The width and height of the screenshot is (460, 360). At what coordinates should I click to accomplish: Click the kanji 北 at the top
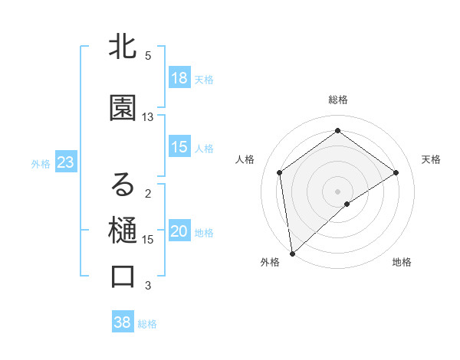click(x=123, y=48)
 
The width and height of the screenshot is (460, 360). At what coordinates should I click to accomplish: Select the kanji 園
click(x=123, y=109)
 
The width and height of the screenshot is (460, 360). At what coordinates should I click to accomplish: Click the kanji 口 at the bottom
click(x=123, y=277)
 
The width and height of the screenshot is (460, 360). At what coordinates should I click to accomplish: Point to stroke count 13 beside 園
click(x=148, y=117)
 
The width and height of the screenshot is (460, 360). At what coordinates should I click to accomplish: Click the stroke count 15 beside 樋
click(x=148, y=240)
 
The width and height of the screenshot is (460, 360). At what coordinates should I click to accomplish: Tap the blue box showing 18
click(x=179, y=78)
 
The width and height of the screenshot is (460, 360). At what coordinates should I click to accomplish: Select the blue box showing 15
click(x=179, y=147)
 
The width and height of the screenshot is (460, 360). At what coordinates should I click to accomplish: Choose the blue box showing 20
click(x=179, y=231)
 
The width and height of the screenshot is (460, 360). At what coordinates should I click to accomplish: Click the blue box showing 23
click(x=65, y=162)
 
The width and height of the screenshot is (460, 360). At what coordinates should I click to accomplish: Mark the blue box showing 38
click(x=122, y=322)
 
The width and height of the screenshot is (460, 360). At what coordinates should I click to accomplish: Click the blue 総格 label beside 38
click(x=147, y=324)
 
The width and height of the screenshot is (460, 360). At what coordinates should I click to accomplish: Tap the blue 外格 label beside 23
click(x=41, y=163)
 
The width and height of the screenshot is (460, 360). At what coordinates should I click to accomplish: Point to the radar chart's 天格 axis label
click(x=431, y=159)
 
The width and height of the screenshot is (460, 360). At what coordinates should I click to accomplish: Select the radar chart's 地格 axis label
click(x=402, y=262)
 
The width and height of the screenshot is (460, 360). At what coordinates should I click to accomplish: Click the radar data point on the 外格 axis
click(x=291, y=253)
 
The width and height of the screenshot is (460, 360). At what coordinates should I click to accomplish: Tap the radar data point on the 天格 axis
click(x=396, y=172)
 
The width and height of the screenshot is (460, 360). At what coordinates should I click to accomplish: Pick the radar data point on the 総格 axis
click(x=337, y=131)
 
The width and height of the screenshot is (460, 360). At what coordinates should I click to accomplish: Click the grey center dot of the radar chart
click(x=337, y=190)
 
